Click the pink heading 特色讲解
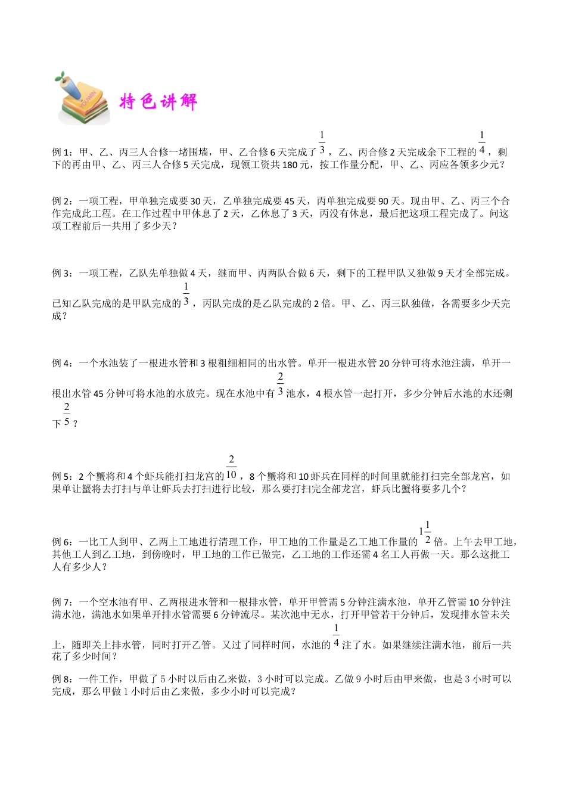click(158, 102)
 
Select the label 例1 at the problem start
click(61, 153)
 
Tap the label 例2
click(61, 201)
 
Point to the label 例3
click(61, 274)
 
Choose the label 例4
click(61, 363)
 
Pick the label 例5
click(61, 476)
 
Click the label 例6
click(61, 542)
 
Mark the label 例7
click(61, 602)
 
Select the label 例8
click(61, 679)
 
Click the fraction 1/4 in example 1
click(481, 143)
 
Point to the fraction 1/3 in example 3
click(186, 294)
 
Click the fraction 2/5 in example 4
click(66, 414)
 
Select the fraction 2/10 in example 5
click(231, 467)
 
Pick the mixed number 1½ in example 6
click(425, 533)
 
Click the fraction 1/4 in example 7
click(336, 636)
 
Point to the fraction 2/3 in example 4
click(280, 384)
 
